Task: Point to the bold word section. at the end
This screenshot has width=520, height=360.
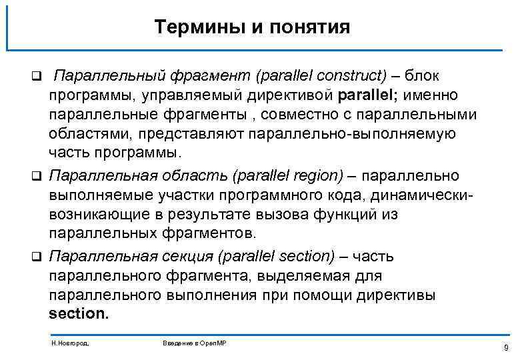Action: click(78, 313)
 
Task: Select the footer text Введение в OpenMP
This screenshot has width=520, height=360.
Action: click(194, 341)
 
